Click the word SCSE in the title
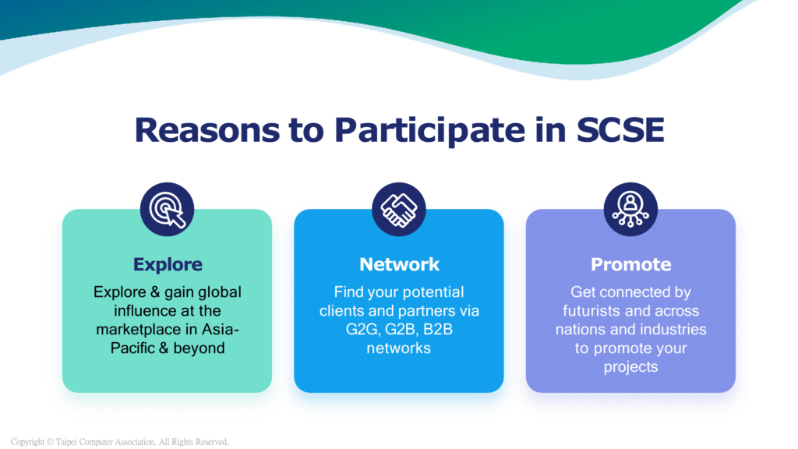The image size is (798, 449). (x=620, y=129)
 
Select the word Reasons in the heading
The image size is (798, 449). (x=207, y=129)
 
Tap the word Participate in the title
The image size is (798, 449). (x=429, y=131)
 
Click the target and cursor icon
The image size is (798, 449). (x=168, y=209)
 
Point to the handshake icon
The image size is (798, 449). (x=399, y=209)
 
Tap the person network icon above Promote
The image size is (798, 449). (x=630, y=209)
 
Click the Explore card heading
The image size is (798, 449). (x=168, y=265)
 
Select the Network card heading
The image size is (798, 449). (x=399, y=264)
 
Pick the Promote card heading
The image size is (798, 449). (x=630, y=264)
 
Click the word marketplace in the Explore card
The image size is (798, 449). (x=139, y=330)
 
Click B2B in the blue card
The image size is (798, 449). (x=438, y=330)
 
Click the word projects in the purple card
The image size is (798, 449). (x=630, y=368)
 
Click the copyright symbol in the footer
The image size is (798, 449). (x=50, y=442)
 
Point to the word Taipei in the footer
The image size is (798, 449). (x=67, y=442)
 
